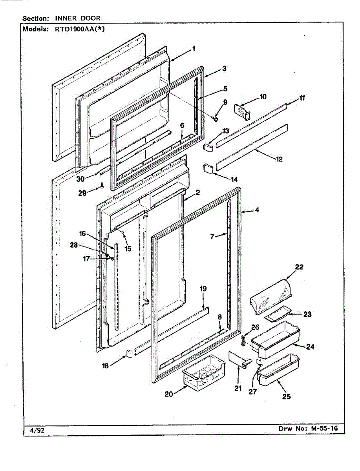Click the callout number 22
[300, 267]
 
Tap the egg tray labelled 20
[203, 372]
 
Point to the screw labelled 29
[102, 184]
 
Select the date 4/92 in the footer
[37, 430]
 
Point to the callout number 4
[257, 210]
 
